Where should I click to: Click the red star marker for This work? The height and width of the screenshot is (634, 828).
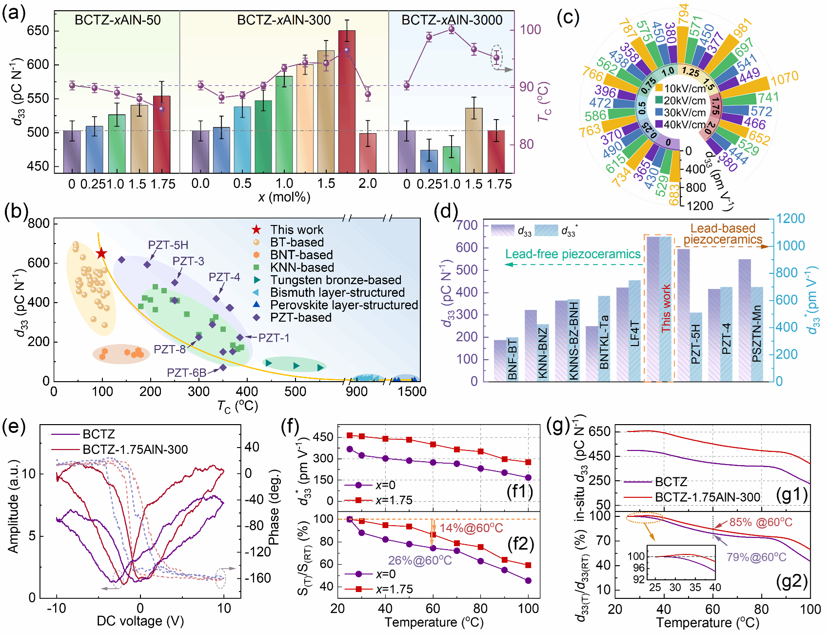tap(101, 253)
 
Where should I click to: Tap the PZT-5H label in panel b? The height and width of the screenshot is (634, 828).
tap(168, 245)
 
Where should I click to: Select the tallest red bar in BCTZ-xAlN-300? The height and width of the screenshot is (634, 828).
tap(347, 101)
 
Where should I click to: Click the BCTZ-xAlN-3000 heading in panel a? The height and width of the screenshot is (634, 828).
tap(452, 20)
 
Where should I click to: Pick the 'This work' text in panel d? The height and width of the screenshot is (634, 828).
tap(666, 308)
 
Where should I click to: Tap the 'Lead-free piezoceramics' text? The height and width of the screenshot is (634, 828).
tap(572, 254)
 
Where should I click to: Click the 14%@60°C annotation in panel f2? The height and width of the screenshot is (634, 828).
tap(471, 528)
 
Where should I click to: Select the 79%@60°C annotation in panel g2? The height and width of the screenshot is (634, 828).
tap(756, 557)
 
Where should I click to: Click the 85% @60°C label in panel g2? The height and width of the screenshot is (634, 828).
tap(761, 522)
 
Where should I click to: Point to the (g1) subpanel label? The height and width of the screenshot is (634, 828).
tap(791, 495)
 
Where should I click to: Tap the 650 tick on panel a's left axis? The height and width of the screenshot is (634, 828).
tap(38, 31)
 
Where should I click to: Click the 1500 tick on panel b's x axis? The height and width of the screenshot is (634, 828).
tap(412, 391)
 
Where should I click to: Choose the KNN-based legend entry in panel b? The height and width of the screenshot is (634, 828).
tap(301, 267)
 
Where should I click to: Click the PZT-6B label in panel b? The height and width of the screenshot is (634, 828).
tap(186, 373)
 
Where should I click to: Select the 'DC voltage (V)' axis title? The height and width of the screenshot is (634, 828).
tap(140, 621)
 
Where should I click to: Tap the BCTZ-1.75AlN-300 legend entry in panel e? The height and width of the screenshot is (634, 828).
tap(135, 450)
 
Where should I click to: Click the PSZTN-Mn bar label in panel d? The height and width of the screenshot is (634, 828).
tap(756, 334)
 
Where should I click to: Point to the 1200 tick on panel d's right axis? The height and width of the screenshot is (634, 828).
tap(790, 219)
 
